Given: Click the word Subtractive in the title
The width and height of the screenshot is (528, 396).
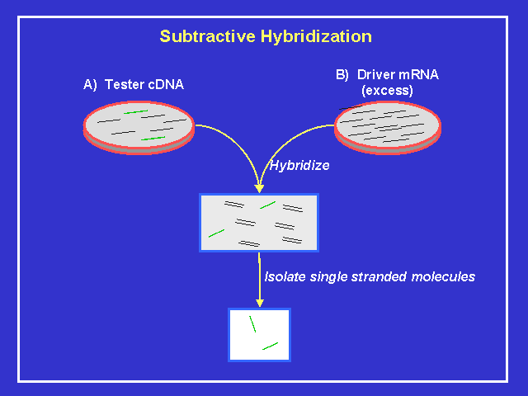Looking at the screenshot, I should tap(198, 36).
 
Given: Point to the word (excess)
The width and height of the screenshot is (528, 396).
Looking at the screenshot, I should tap(387, 90).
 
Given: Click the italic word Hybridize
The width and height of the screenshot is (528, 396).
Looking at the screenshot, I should tap(299, 165).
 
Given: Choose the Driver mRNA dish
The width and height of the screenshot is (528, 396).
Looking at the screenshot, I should tap(388, 125).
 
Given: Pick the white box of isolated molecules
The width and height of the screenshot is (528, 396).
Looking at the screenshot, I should tap(259, 334).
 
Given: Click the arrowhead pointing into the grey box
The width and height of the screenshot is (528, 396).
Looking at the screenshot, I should tap(259, 188).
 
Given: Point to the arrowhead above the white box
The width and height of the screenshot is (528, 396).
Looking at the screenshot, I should tap(259, 302).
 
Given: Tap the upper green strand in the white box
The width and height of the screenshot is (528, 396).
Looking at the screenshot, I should tap(253, 323).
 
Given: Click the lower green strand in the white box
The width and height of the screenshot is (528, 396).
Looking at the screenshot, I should tap(270, 345).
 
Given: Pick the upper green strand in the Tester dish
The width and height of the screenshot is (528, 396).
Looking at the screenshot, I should tap(136, 111).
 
